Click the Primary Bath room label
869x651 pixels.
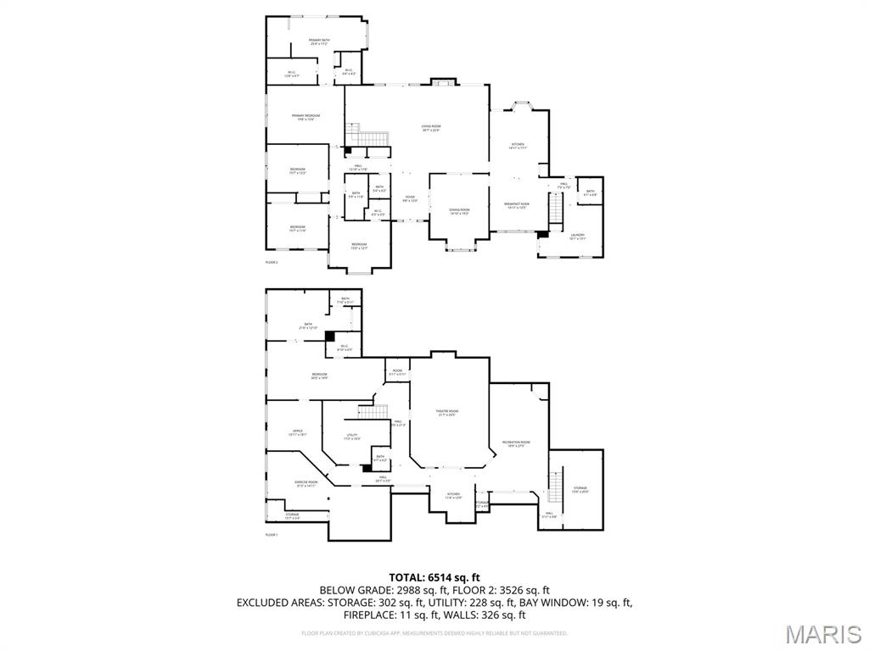[x=319, y=42]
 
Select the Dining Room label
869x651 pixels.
[x=459, y=211]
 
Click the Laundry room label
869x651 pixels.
[x=578, y=236]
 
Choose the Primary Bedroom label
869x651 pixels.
[x=306, y=117]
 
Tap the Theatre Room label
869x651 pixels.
[x=448, y=413]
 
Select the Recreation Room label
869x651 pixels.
[x=516, y=443]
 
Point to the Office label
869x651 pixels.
[x=298, y=432]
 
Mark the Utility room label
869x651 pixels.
[x=351, y=437]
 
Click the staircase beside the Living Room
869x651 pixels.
[x=370, y=136]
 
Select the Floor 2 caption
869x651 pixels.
[x=272, y=263]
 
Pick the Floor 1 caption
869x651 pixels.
[x=272, y=535]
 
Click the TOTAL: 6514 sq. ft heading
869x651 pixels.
[x=434, y=577]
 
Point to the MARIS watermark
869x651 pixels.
[x=822, y=633]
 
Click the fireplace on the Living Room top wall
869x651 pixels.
[x=442, y=81]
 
